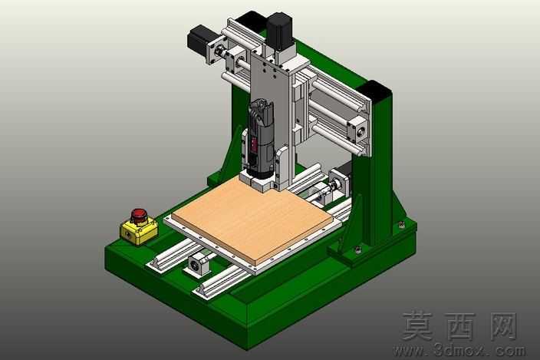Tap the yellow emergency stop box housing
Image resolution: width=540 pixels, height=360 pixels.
point(139,232)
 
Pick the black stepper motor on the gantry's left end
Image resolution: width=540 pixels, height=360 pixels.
point(199,41)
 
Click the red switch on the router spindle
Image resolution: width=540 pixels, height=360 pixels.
point(255,144)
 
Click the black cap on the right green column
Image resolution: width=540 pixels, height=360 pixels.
point(374,89)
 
